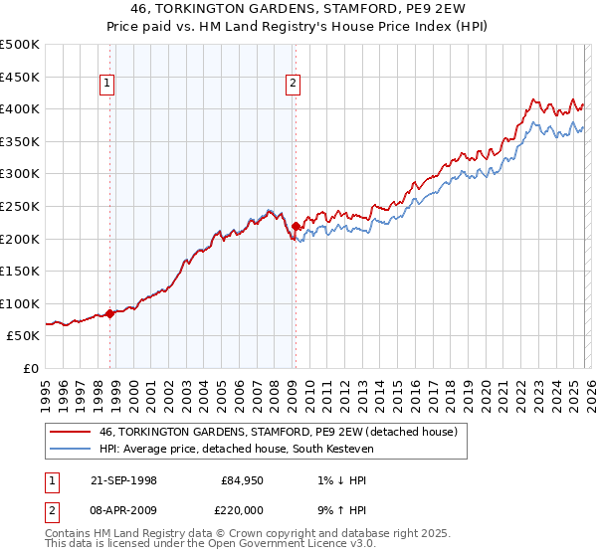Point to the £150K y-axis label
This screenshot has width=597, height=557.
coord(20,271)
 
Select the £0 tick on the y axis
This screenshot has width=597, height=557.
coord(32,368)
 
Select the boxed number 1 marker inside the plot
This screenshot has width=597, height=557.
coord(106,85)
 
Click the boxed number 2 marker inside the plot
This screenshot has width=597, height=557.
coord(294,85)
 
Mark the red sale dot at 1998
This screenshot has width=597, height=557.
coord(110,313)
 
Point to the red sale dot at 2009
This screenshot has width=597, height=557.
coord(296,227)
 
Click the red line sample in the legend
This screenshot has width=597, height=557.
coord(71,432)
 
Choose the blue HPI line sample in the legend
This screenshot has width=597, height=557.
coord(71,450)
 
